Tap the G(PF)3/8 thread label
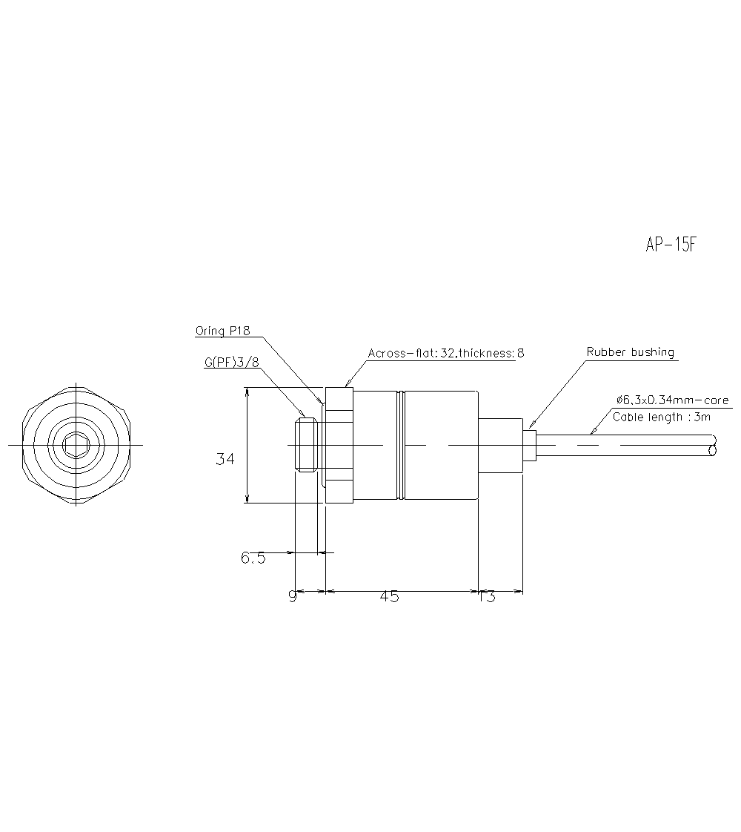point(231,362)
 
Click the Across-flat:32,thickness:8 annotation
point(446,353)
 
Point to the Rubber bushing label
point(630,352)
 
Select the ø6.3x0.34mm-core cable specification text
point(672,400)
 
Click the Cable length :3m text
point(662,417)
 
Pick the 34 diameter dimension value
point(225,460)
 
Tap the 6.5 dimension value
point(253,558)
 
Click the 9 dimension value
point(293,597)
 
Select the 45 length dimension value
point(389,597)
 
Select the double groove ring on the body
point(401,445)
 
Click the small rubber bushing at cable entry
point(529,445)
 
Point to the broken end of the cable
point(713,446)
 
